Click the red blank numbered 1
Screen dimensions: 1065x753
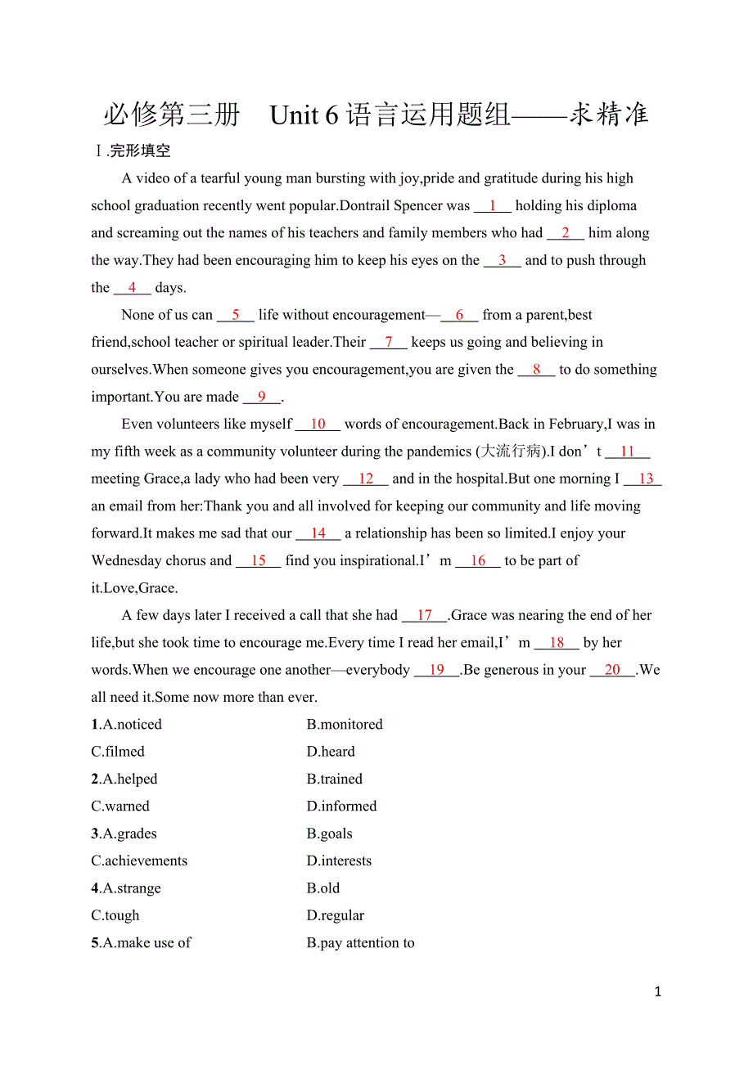[x=493, y=206]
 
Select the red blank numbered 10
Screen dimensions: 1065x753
[x=318, y=425]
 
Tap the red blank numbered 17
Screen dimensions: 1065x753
[x=425, y=616]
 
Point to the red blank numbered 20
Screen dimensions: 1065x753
[x=612, y=670]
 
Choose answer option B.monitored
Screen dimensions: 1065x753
[x=345, y=725]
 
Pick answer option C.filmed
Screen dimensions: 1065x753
[x=118, y=752]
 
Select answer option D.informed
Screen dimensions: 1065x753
[x=341, y=807]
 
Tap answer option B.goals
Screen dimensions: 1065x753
[x=329, y=834]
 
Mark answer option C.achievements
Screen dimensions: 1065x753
[x=139, y=861]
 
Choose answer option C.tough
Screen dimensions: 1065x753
[x=115, y=916]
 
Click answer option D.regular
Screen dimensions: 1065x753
[x=336, y=916]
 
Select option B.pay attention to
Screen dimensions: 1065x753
[x=360, y=943]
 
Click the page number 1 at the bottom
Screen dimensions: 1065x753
[x=658, y=992]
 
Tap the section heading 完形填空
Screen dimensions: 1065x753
[x=140, y=151]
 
